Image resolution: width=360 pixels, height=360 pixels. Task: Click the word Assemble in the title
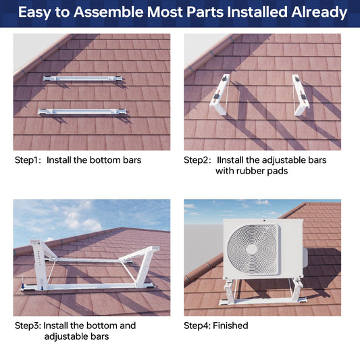(x=109, y=12)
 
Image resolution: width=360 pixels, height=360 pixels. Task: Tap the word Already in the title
(x=319, y=13)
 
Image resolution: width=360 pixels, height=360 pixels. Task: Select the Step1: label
(x=28, y=160)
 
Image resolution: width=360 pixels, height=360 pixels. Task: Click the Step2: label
(x=197, y=160)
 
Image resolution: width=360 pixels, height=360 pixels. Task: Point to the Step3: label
(x=28, y=326)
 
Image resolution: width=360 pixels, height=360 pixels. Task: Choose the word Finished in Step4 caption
(x=230, y=326)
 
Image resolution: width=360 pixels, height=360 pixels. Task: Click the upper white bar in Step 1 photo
(x=83, y=78)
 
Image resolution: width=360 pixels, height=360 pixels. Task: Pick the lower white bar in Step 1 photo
(x=82, y=111)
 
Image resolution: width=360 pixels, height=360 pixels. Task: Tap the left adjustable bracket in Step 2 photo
(x=220, y=95)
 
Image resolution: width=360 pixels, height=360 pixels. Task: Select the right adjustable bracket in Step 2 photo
(x=301, y=95)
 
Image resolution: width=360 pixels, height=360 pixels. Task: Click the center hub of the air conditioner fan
(x=252, y=249)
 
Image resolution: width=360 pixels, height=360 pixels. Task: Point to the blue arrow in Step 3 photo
(x=23, y=286)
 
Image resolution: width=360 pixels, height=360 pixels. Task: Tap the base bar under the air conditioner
(x=263, y=301)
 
